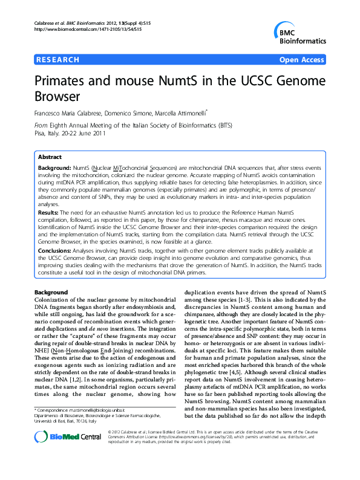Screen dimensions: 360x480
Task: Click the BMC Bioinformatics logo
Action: tap(298, 33)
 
